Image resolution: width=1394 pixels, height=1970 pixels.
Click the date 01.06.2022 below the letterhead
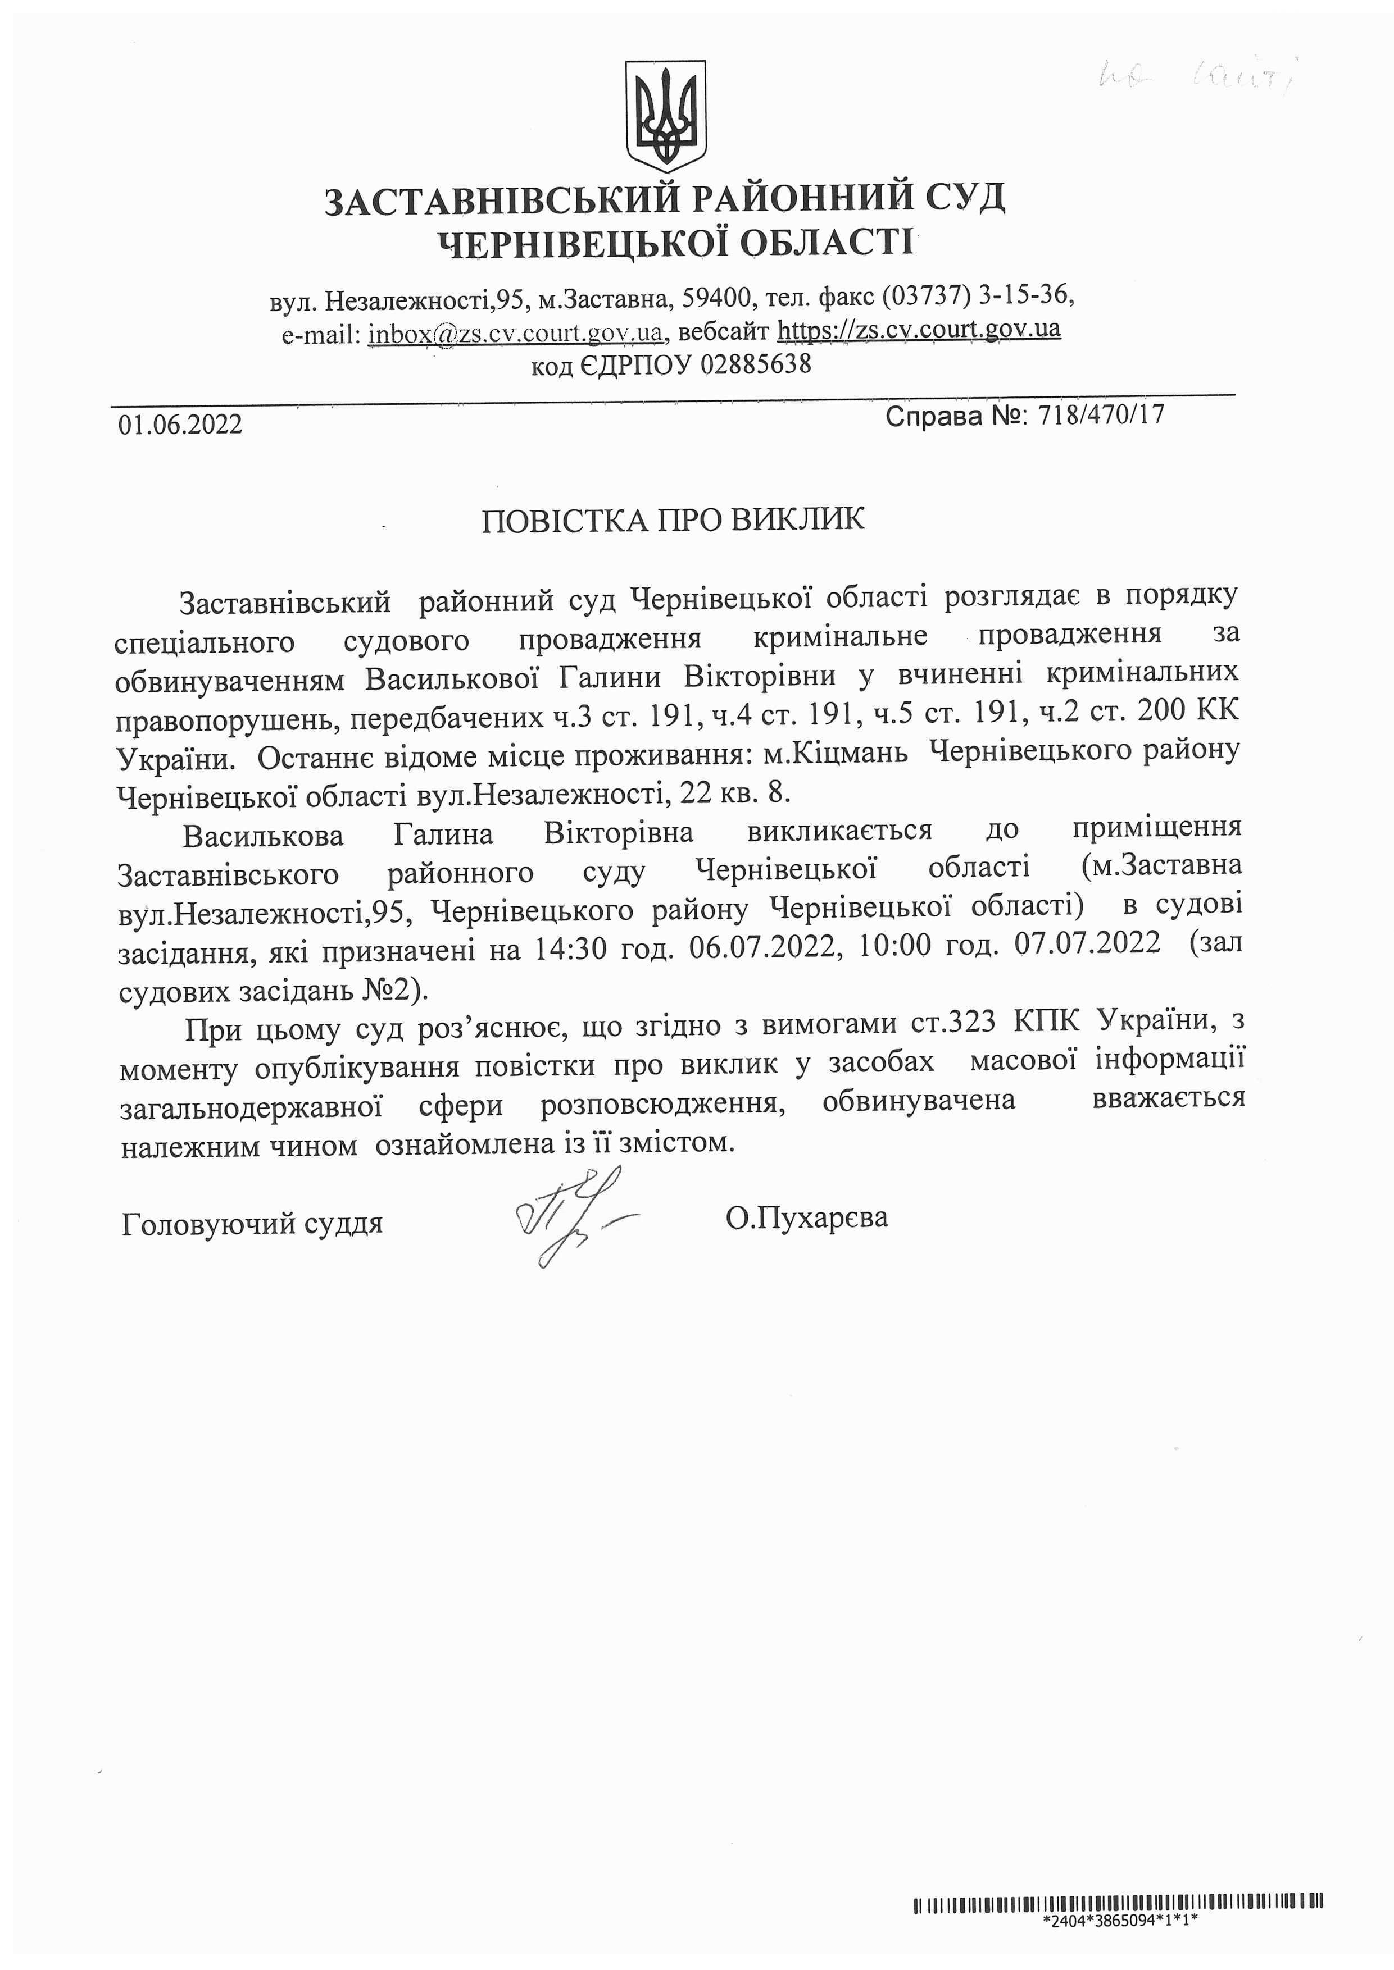(x=180, y=424)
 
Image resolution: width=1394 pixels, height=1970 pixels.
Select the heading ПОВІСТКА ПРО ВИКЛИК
(x=673, y=520)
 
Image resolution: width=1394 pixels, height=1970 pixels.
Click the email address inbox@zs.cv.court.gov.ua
(x=515, y=333)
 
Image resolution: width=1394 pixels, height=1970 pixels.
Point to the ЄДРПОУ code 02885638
(x=755, y=366)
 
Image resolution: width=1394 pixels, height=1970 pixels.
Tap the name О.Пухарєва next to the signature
(x=806, y=1217)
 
